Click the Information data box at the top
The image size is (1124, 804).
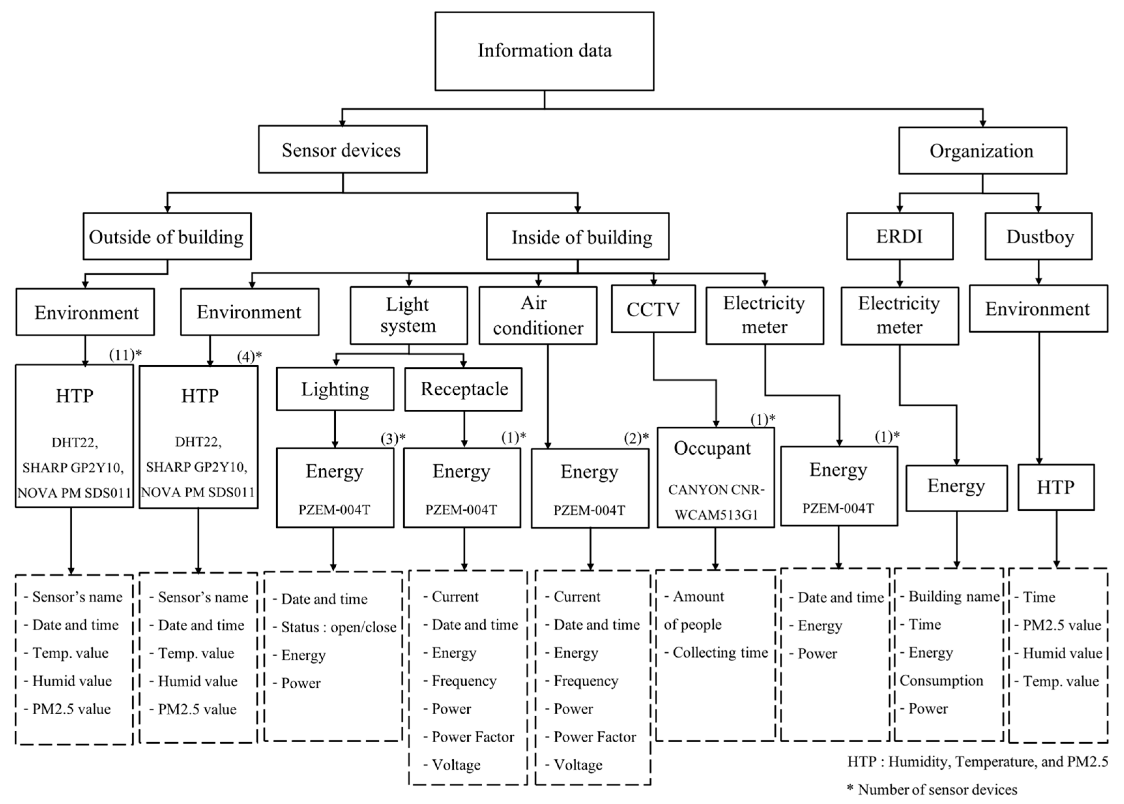pyautogui.click(x=544, y=51)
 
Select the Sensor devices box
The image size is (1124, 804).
pyautogui.click(x=342, y=149)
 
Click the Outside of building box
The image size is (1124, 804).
pyautogui.click(x=167, y=237)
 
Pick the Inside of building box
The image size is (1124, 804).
pyautogui.click(x=577, y=237)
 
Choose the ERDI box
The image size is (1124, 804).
pyautogui.click(x=899, y=236)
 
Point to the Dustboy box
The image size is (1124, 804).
pyautogui.click(x=1038, y=236)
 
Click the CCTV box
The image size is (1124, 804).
pyautogui.click(x=653, y=309)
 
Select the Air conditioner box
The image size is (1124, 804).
pyautogui.click(x=538, y=316)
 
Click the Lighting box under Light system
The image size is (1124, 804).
pyautogui.click(x=335, y=389)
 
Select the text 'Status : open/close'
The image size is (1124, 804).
pyautogui.click(x=339, y=627)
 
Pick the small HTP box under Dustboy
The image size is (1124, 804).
pyautogui.click(x=1056, y=487)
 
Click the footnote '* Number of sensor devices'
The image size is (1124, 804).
pyautogui.click(x=932, y=789)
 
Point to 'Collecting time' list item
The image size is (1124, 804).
pyautogui.click(x=720, y=653)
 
